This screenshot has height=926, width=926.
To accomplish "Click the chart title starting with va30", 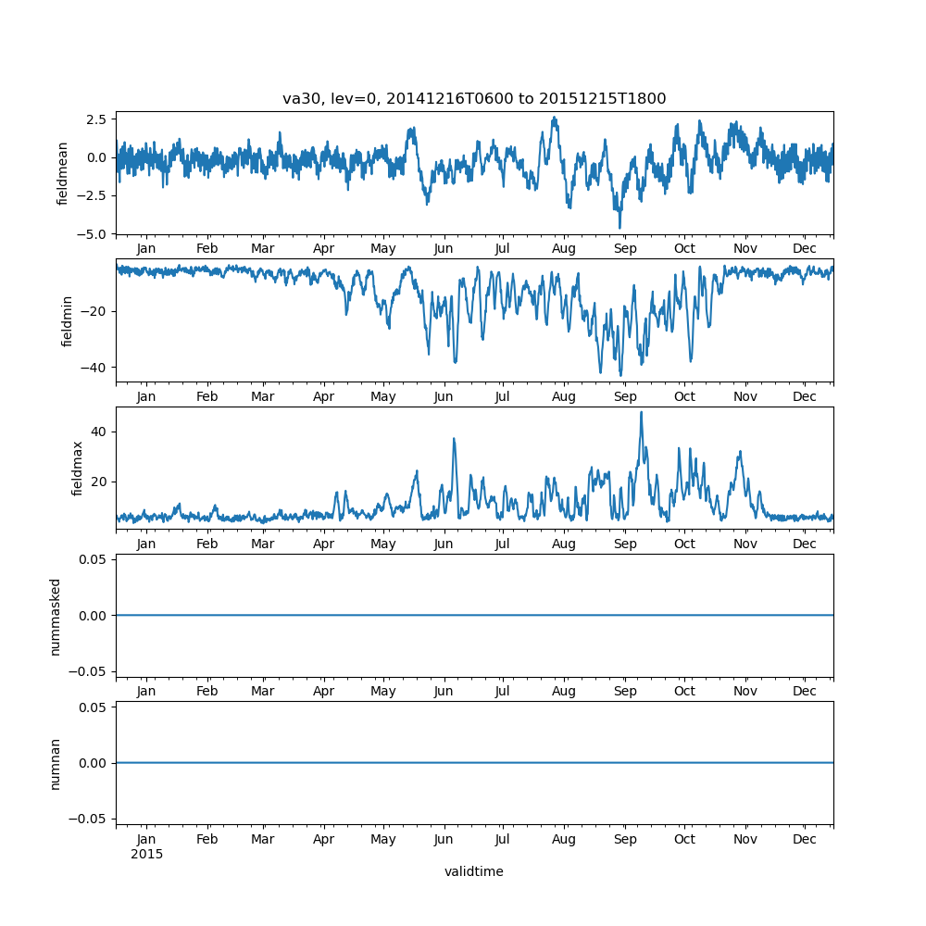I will tap(474, 99).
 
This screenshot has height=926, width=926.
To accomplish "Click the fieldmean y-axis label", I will tap(63, 173).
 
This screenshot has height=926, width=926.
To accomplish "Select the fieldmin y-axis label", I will tap(67, 319).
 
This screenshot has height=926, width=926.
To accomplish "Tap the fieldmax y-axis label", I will tap(78, 468).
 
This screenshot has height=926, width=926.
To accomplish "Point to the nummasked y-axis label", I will tap(56, 616).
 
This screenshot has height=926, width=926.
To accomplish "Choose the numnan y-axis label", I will tap(56, 763).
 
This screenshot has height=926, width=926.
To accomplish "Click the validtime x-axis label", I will tap(474, 871).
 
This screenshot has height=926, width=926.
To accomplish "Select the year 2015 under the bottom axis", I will tap(146, 854).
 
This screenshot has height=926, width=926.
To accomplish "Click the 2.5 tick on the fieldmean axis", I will tap(96, 119).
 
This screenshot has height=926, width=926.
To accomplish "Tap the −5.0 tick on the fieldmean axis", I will tap(93, 233).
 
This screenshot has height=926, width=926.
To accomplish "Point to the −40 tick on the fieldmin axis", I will tap(96, 368).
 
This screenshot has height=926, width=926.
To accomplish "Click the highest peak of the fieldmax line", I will tap(641, 412).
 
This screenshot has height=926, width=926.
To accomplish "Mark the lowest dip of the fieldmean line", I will tap(619, 227).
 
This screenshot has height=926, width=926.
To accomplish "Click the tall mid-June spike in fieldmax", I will tap(454, 439).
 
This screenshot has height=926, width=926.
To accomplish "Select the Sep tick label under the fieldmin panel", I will tap(625, 396).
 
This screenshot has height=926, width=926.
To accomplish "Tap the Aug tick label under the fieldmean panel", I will tap(564, 249).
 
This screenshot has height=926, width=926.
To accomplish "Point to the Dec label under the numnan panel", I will tap(805, 839).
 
